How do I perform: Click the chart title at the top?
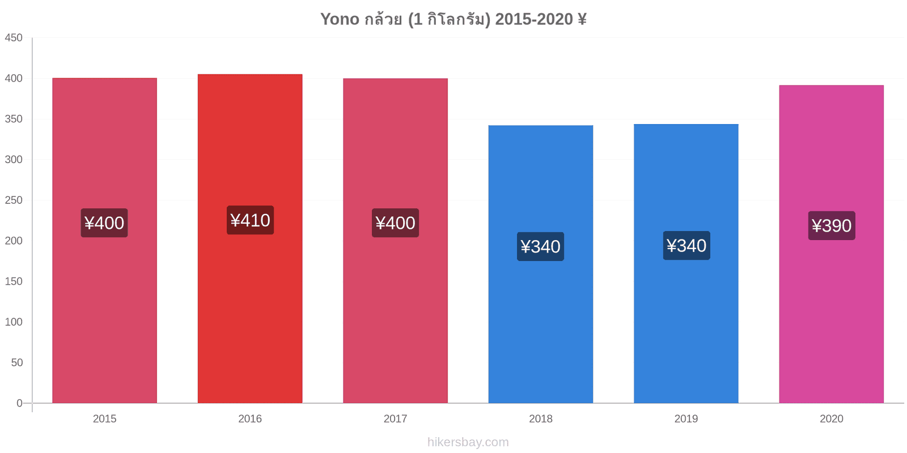pos(453,19)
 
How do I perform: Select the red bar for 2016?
pos(250,238)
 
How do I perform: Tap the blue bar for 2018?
pos(541,264)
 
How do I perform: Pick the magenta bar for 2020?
pos(831,244)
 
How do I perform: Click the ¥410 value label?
pos(250,220)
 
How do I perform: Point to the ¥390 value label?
pos(832,225)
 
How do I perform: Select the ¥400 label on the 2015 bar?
pos(104,223)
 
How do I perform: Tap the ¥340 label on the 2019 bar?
pos(686,246)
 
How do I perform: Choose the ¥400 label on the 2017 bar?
pos(395,223)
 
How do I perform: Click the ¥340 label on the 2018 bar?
pos(541,246)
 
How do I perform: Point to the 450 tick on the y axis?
pos(14,37)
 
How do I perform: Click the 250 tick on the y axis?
pos(14,200)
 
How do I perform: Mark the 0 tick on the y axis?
pos(19,403)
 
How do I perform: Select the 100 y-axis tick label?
pos(14,322)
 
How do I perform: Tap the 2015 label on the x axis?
pos(104,418)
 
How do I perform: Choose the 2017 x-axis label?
pos(395,418)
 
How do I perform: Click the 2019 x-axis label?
pos(686,418)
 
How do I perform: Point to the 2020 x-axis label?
pos(831,418)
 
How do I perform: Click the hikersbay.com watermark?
pos(468,442)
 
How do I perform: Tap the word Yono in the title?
pos(340,19)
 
